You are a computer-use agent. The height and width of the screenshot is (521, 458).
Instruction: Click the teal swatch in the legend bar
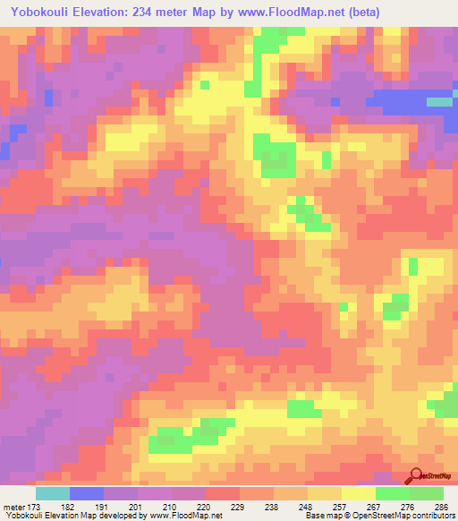pos(52,492)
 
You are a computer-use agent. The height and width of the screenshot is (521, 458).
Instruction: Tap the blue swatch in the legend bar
pos(86,492)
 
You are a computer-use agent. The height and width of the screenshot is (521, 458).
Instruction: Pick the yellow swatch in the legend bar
pos(358,492)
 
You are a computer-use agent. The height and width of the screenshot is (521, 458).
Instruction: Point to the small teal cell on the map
pos(439,102)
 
